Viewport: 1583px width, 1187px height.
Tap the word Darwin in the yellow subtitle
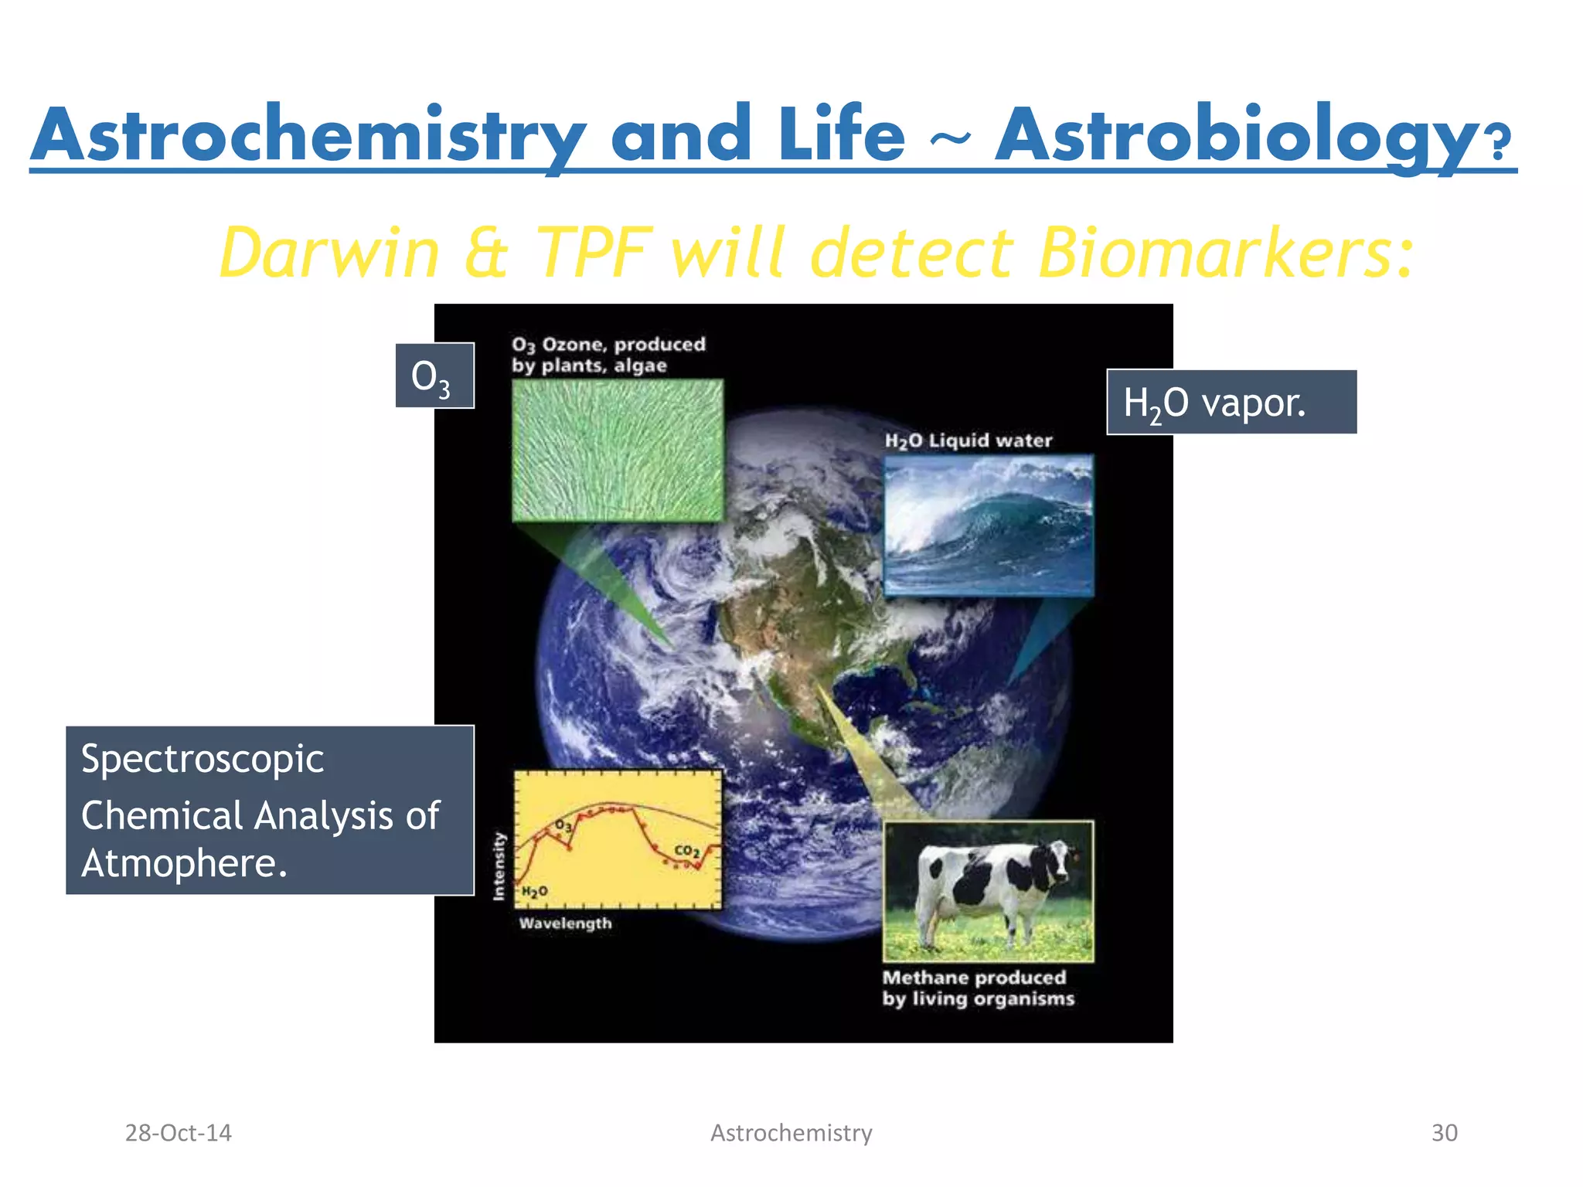329,253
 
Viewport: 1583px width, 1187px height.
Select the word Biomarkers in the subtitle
1225,253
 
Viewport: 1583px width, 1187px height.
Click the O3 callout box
434,376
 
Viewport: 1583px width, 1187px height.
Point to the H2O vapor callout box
1231,403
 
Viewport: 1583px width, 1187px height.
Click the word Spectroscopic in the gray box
203,759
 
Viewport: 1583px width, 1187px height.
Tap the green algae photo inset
618,450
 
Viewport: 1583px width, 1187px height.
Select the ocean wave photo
988,525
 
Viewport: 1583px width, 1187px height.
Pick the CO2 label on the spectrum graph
686,851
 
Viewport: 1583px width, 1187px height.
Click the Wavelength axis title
565,923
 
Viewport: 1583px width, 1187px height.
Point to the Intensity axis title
499,866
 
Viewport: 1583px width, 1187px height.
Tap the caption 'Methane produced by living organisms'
977,988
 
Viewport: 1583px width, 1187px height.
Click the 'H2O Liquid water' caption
968,440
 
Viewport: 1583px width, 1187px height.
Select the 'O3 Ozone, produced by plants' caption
608,355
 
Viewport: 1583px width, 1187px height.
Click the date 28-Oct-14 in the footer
178,1133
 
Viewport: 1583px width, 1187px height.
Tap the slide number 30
1444,1133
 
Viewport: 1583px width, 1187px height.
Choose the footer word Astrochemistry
791,1133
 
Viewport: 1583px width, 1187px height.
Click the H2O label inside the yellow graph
534,892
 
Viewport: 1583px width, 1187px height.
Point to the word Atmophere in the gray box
184,864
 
